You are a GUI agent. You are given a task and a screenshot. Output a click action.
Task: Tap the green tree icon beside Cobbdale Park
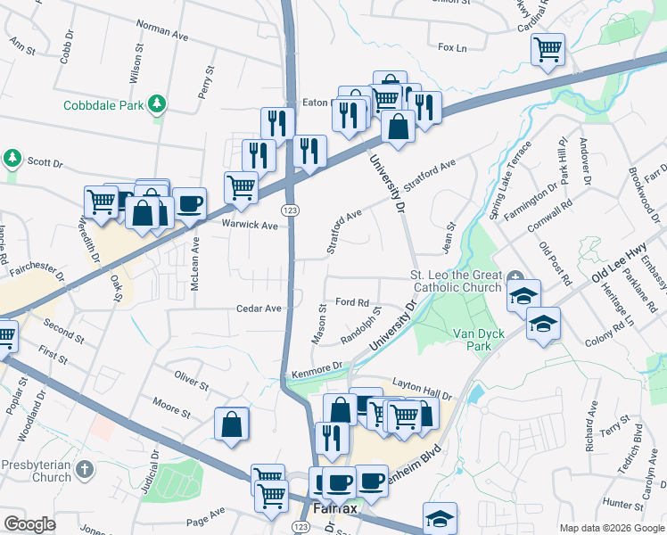[x=158, y=104]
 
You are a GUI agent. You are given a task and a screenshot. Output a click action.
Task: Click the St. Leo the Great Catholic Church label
[x=455, y=281]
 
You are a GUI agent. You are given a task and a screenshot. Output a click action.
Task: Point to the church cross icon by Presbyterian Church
[x=84, y=469]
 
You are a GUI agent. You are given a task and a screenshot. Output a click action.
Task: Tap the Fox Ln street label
[x=453, y=48]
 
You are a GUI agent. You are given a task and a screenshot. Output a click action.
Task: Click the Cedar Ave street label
[x=259, y=309]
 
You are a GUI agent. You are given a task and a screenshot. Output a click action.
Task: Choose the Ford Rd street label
[x=351, y=302]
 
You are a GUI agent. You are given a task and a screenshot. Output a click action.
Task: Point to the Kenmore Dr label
[x=317, y=367]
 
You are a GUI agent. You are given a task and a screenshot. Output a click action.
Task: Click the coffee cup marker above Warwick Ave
[x=188, y=203]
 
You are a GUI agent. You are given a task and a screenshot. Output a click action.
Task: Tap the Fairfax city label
[x=335, y=509]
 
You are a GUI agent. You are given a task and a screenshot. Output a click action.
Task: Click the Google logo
[x=30, y=524]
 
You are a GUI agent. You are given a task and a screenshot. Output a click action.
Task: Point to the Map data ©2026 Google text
[x=612, y=528]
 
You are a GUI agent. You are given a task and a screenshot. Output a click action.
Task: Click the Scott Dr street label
[x=45, y=163]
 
